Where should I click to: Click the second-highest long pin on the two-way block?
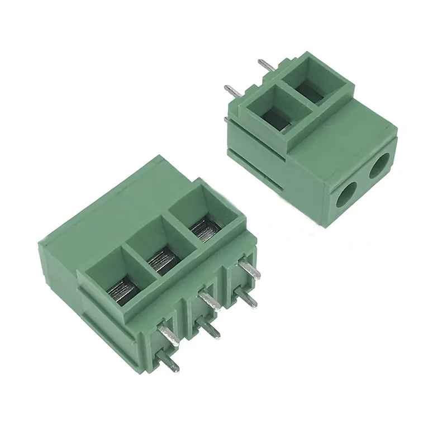coord(232,91)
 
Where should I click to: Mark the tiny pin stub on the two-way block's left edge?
coord(226,119)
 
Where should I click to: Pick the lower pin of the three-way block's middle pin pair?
coord(211,330)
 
